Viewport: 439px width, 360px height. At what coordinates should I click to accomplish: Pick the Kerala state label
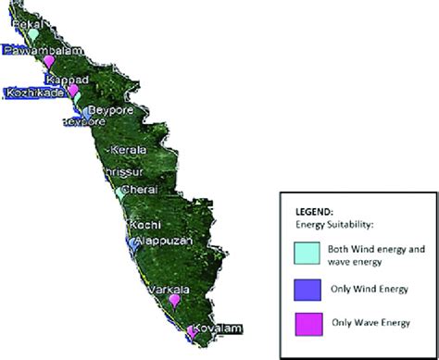click(x=129, y=149)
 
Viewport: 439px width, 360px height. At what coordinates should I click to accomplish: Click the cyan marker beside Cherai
click(x=122, y=194)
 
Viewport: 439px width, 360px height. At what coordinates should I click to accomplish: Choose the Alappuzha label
click(x=162, y=241)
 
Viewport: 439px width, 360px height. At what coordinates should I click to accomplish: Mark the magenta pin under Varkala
click(x=173, y=300)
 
